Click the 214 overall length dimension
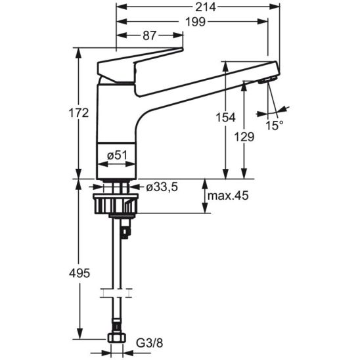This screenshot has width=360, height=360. tap(206, 7)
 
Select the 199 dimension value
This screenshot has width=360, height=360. tap(195, 22)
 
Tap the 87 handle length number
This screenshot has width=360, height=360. tap(150, 35)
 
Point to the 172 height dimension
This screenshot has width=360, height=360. tap(79, 113)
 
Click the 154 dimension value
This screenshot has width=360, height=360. tap(226, 118)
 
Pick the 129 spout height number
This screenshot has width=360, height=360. tap(244, 137)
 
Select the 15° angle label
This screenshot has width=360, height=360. tap(275, 125)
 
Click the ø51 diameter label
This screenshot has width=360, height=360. tap(117, 156)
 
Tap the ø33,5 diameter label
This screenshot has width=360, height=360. tap(162, 188)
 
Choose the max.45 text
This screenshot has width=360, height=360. tap(228, 196)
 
